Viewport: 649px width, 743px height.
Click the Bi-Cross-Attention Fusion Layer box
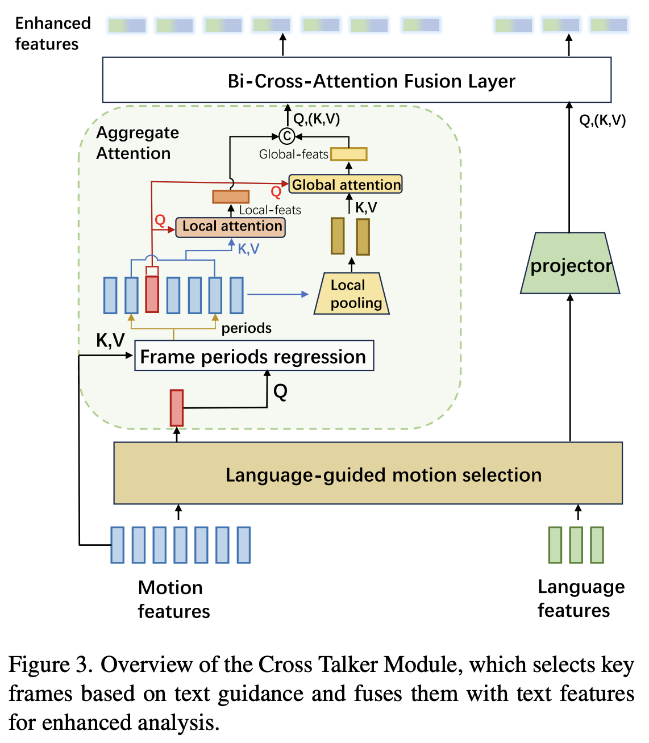(x=356, y=80)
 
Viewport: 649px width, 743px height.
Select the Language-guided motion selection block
(x=368, y=473)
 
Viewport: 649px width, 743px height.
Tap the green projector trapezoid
(x=570, y=264)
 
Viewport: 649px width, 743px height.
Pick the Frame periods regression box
(x=253, y=356)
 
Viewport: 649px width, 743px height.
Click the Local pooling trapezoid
(x=352, y=294)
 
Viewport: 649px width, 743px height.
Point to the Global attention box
(x=346, y=185)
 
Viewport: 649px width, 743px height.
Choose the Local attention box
(x=231, y=227)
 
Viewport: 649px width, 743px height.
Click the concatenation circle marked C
(x=287, y=136)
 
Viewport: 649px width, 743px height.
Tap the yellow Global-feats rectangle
(x=349, y=154)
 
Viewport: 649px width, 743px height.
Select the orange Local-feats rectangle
(x=231, y=197)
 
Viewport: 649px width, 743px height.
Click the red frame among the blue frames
(x=152, y=294)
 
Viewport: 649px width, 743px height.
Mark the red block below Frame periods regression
(x=177, y=407)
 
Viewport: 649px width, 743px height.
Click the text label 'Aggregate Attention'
(x=137, y=143)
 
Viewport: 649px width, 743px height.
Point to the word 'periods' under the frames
(x=246, y=328)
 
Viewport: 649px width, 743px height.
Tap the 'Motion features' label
(x=173, y=599)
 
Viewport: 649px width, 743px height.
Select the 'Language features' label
(x=580, y=598)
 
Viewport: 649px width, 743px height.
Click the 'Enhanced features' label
(x=52, y=34)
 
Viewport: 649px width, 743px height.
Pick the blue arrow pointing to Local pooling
(x=278, y=294)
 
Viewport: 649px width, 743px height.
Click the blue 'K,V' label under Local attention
(x=248, y=249)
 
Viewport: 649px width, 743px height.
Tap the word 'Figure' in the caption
(x=50, y=665)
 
